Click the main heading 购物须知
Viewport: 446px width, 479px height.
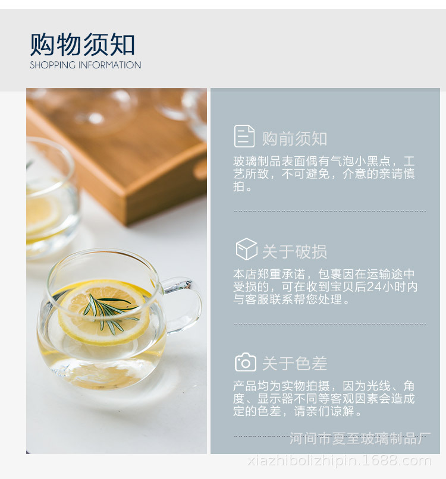coord(82,45)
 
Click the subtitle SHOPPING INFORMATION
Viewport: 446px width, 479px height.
coord(85,65)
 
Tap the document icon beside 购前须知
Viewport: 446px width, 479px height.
coord(244,136)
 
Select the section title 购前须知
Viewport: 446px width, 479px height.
coord(295,138)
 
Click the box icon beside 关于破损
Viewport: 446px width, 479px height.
coord(246,249)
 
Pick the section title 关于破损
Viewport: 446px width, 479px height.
coord(295,252)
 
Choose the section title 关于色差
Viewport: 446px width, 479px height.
coord(295,364)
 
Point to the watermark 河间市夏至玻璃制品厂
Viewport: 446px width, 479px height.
coord(360,439)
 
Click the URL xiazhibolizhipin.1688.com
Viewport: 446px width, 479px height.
coord(340,461)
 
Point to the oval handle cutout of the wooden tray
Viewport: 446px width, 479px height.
coord(200,169)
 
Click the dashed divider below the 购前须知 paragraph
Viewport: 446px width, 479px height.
coord(330,211)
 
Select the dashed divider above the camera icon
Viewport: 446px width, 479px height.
coord(330,324)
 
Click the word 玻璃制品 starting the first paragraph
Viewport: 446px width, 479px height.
coord(257,161)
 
